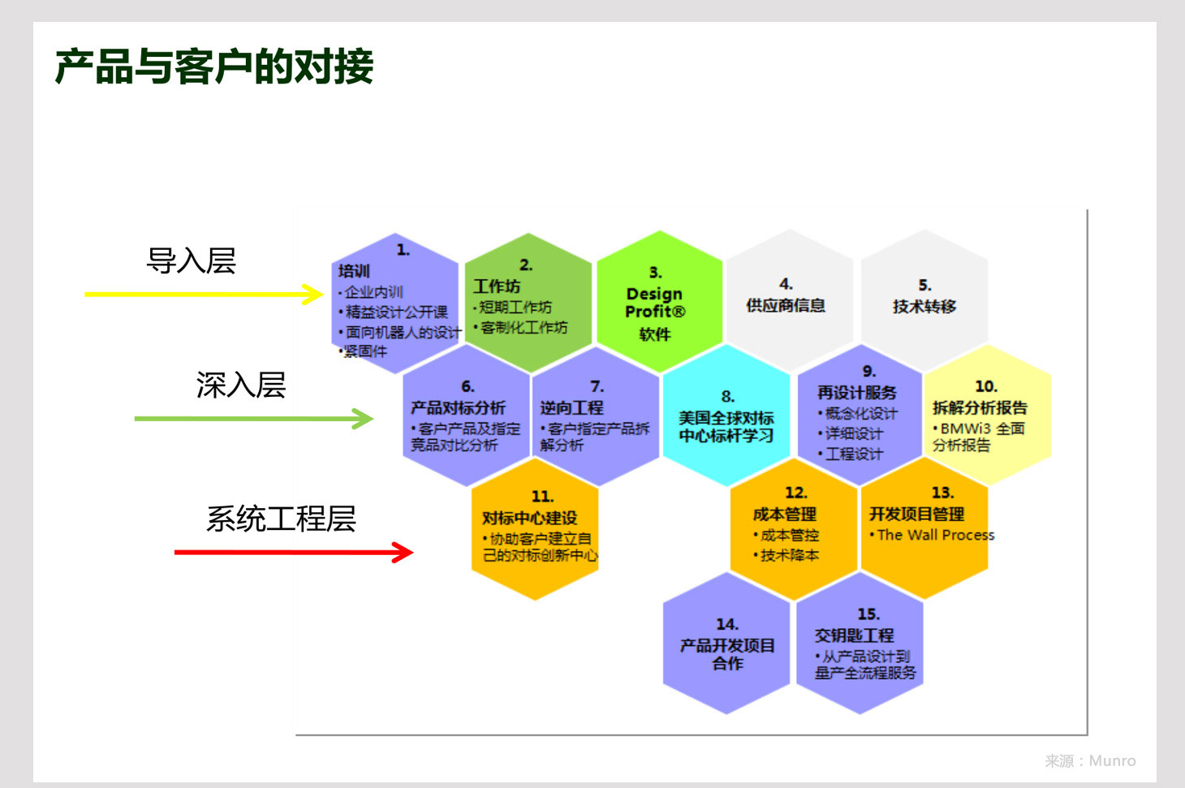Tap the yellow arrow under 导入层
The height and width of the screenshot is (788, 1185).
204,294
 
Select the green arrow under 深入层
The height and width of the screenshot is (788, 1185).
254,418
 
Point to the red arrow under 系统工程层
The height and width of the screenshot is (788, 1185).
294,552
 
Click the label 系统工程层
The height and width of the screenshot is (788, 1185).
281,519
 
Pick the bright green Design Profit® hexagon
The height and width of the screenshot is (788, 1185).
660,302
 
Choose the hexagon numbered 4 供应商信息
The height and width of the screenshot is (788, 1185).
789,300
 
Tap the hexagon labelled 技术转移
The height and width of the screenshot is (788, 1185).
924,300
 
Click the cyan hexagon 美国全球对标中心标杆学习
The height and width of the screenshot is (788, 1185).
726,416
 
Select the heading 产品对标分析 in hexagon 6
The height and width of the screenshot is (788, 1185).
458,407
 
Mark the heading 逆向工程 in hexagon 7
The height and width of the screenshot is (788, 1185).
572,407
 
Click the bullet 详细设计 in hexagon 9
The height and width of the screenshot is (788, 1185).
854,433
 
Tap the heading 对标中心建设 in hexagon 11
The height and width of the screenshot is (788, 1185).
529,518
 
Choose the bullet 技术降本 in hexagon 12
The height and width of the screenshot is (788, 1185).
789,555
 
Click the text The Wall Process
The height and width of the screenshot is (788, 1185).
936,535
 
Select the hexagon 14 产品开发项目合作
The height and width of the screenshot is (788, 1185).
726,643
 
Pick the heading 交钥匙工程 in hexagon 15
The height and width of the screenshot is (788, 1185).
854,635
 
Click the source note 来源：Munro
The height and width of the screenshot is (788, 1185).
1090,760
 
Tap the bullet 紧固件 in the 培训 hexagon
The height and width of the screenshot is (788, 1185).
365,351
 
